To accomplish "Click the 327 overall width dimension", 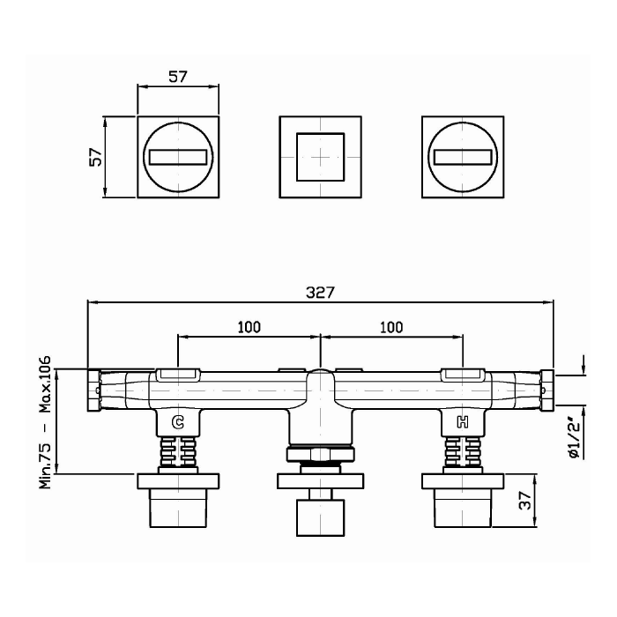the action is (x=320, y=293).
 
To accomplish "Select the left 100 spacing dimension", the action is (x=249, y=327).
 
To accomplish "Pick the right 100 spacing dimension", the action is (x=391, y=327).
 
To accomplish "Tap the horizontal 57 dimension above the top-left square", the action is (x=178, y=77).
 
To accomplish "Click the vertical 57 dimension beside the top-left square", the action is (x=95, y=157).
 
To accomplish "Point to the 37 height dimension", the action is (x=525, y=501).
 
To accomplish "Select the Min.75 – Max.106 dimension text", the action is (x=45, y=422).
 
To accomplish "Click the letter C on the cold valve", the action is (x=178, y=422).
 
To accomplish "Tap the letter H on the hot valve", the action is (x=463, y=422).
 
